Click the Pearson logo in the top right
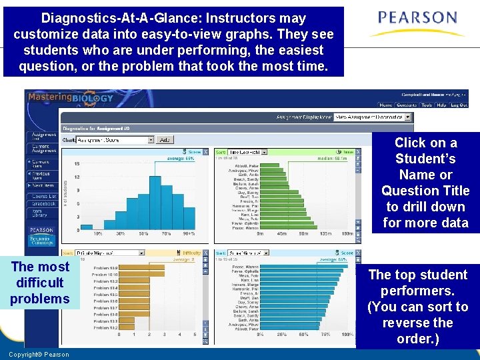417,23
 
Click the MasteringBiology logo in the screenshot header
70,99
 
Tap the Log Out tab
459,105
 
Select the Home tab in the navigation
386,105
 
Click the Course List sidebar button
43,196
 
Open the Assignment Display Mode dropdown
373,117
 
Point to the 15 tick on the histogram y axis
77,163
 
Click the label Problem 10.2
106,327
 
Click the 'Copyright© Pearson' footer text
39,354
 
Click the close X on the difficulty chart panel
205,253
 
